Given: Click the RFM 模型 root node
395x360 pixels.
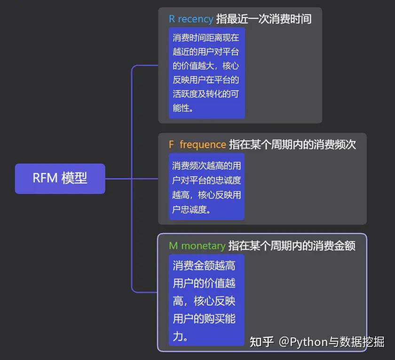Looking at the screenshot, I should coord(60,179).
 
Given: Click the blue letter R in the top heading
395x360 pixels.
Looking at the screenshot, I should coord(172,19).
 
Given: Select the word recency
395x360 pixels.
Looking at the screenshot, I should coord(195,19).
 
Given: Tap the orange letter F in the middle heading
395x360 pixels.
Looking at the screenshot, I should coord(172,145).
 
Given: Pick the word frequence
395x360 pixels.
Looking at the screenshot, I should coord(203,145).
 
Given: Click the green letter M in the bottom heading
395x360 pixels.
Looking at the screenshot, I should coord(174,246).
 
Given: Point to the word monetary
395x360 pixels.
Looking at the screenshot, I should coord(203,246).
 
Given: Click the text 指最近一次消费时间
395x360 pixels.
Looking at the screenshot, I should coord(263,19).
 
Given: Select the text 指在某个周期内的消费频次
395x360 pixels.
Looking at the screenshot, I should coord(292,145).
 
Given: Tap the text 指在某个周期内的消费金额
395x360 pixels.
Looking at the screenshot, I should coord(292,246).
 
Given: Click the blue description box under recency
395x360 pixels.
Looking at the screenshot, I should coord(207,73).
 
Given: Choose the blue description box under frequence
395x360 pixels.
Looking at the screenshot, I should coord(207,187).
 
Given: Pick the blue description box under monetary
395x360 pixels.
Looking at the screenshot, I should coord(207,300).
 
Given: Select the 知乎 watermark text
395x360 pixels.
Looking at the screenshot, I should coord(261,342).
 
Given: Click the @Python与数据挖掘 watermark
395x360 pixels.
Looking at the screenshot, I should coord(332,342).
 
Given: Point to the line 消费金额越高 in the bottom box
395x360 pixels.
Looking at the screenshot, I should coord(204,266).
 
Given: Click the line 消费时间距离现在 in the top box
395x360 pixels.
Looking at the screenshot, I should coord(206,38).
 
